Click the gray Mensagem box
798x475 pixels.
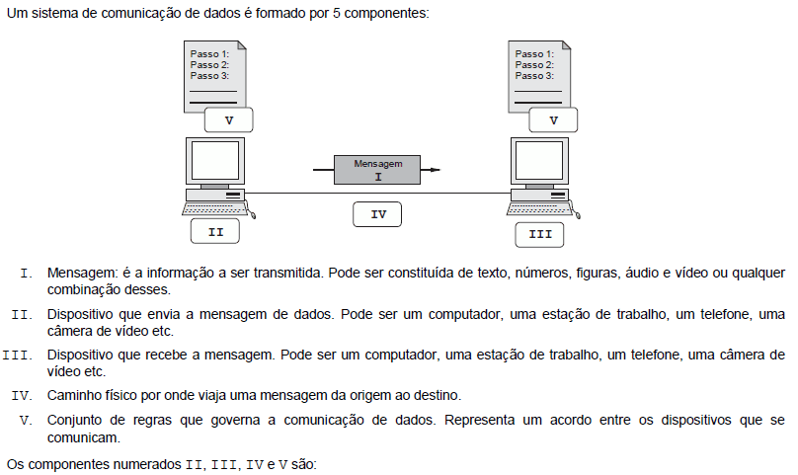pos(377,170)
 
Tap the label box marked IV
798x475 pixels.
pos(377,214)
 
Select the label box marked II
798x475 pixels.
pos(214,232)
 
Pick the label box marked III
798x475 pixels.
pos(539,235)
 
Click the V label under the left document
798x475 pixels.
pos(228,120)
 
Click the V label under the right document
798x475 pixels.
pos(553,120)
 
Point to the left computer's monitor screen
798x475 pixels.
pos(215,160)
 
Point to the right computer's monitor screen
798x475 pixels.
pos(539,160)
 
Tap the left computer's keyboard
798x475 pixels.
pos(214,208)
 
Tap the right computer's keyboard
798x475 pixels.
pos(539,208)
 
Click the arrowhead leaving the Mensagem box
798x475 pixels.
pos(435,170)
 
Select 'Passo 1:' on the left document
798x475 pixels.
pos(209,53)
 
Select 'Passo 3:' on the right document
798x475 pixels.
pos(534,75)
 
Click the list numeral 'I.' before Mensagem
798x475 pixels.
pos(27,274)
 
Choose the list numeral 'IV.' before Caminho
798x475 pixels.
pos(22,396)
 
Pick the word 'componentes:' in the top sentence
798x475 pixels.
pos(387,13)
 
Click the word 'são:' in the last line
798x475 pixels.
pos(304,464)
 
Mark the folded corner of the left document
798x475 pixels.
pos(242,44)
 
